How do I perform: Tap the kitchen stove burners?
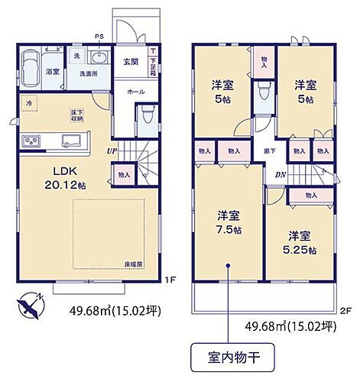tap(34, 142)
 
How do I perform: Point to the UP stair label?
tap(111, 150)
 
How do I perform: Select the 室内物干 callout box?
tap(226, 356)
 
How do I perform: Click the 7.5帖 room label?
tap(227, 222)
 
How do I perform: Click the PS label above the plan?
tap(98, 36)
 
